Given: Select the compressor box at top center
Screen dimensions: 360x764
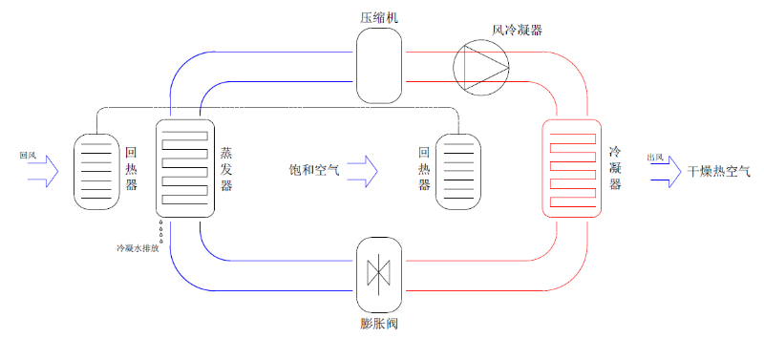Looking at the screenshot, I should [380, 64].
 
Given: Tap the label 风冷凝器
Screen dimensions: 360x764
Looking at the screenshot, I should [517, 30].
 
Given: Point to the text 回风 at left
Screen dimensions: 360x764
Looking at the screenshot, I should [28, 154].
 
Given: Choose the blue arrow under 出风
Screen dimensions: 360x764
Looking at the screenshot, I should [664, 172].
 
